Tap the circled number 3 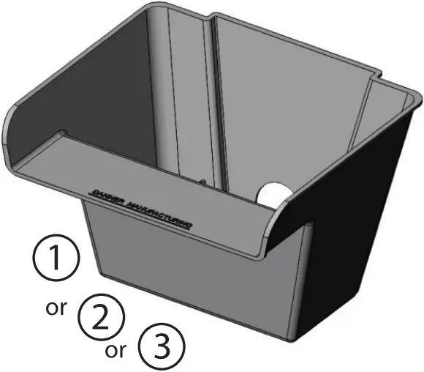[x=161, y=346]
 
